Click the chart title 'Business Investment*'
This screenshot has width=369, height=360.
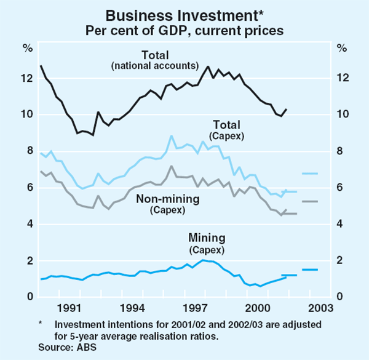(x=184, y=14)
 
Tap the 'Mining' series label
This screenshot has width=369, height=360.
(x=206, y=238)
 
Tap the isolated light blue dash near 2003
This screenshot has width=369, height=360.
(x=309, y=174)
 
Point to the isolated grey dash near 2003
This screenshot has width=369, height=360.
(x=309, y=201)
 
